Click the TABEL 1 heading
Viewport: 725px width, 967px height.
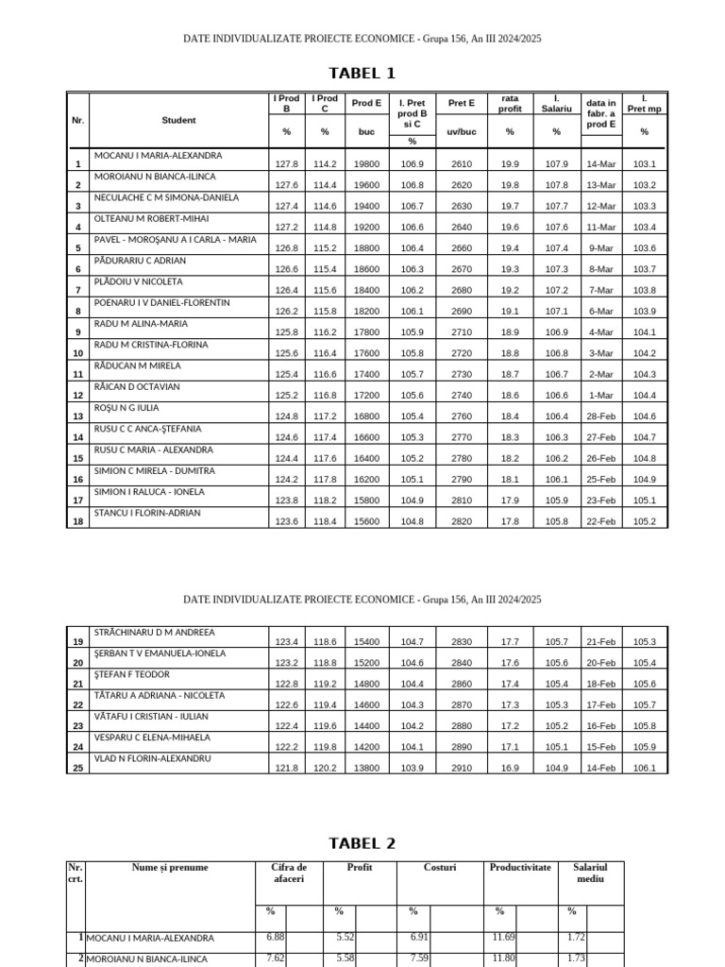(x=362, y=74)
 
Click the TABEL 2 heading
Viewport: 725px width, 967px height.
(x=362, y=843)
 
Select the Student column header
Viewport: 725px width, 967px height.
(x=178, y=120)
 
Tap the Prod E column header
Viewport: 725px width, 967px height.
(x=366, y=103)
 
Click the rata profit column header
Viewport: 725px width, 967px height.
(x=510, y=103)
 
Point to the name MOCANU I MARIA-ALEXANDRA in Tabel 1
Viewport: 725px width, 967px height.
(x=158, y=155)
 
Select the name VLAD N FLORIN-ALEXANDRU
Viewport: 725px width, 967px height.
(x=152, y=758)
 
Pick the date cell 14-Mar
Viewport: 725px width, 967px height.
(x=600, y=164)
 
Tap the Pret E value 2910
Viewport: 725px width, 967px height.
(x=462, y=769)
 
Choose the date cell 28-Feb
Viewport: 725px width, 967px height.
(x=600, y=416)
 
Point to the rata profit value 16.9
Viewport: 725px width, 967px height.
(x=510, y=769)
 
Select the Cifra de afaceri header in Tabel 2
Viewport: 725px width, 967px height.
(x=289, y=873)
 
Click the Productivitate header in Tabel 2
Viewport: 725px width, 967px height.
(x=519, y=867)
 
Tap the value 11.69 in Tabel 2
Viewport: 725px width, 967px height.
(x=505, y=937)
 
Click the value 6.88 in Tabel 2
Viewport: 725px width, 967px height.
(x=276, y=937)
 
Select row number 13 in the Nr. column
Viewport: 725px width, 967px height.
(x=77, y=416)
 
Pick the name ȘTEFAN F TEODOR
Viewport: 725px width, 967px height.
(x=131, y=674)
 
